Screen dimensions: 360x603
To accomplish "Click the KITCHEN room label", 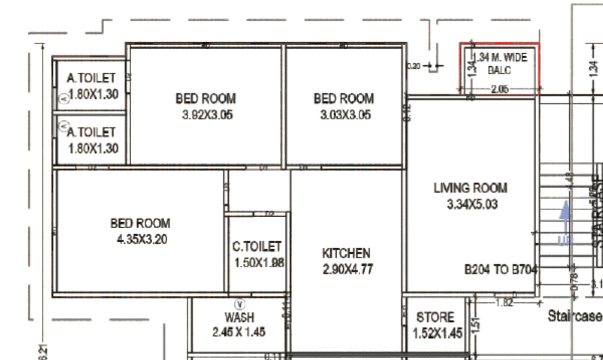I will coord(346,253).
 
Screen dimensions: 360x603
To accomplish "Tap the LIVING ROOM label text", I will coord(470,188).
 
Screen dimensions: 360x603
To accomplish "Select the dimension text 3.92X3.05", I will coord(207,115).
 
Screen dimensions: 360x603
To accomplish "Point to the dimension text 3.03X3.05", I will coord(345,115).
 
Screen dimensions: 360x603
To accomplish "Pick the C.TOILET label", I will coord(257,246).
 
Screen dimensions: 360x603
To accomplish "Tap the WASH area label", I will coord(240,317).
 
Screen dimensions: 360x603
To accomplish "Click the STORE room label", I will coord(435,317).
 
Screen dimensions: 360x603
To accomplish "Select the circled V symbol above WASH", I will coord(240,304).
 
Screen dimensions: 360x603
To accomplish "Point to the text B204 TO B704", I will coord(500,270).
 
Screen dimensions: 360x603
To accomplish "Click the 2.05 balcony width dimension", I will coord(499,89).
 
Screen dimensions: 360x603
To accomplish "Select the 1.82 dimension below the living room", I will coord(504,302).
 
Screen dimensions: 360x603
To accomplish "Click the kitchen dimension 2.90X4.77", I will coord(348,269).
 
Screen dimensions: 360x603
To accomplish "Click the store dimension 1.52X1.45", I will coord(437,333).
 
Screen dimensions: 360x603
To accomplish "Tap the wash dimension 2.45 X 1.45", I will coord(239,332).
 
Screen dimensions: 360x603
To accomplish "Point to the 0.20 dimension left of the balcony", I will coord(413,66).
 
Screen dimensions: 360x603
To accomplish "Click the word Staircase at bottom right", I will coord(575,316).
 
